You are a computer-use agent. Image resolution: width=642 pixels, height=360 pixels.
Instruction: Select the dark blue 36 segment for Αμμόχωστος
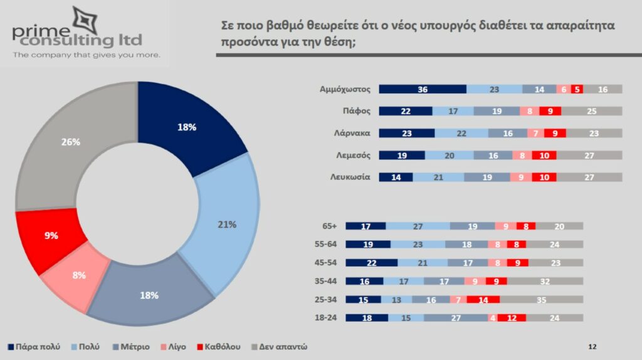coord(423,89)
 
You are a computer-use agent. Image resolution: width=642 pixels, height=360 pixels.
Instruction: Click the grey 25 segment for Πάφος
coord(591,111)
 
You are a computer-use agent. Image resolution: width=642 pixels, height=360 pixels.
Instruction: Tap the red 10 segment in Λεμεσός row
coord(544,155)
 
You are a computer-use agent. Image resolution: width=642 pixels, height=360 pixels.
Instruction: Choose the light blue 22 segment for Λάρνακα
coord(461,133)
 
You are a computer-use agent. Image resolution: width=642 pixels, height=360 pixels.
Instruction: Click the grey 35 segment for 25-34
coord(541,300)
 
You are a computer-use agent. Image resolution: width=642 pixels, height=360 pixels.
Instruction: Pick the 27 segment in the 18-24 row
coord(456,318)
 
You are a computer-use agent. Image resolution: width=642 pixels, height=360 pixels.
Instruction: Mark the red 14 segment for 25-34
coord(483,300)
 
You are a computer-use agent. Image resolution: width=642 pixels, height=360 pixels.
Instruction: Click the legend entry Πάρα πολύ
coord(38,346)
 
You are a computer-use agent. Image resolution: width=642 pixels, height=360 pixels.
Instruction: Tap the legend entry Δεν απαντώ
coord(283,346)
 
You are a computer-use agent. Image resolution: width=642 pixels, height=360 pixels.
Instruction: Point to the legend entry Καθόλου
coord(222,346)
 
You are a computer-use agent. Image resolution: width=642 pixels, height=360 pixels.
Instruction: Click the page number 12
coord(592,346)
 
